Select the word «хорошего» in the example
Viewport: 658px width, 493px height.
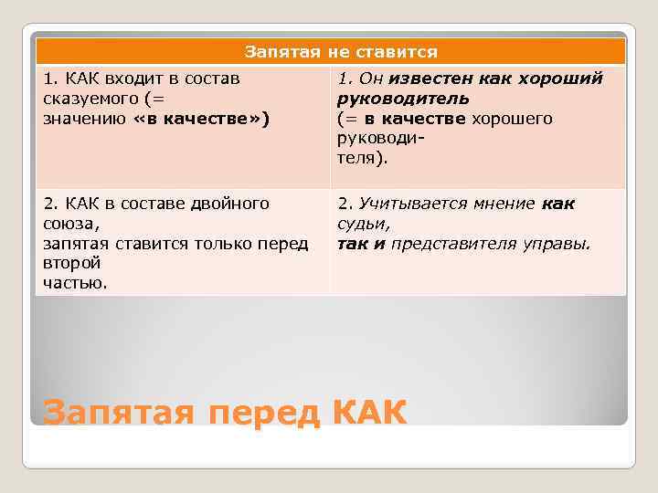pos(512,119)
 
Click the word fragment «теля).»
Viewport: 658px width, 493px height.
pos(363,158)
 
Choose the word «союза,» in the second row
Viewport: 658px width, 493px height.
pos(69,224)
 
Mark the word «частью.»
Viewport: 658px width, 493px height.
pos(75,283)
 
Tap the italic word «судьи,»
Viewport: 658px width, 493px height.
pos(364,224)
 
